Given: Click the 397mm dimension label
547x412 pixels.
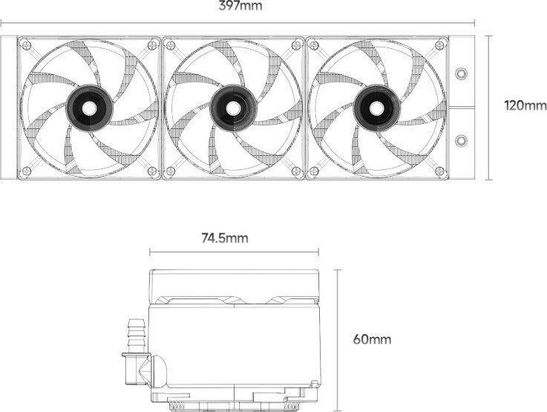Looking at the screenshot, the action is (240, 6).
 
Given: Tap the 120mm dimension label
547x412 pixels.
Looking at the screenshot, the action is (525, 105).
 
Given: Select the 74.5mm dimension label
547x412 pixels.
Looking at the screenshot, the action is (225, 238).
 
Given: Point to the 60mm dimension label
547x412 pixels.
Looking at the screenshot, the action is (372, 339).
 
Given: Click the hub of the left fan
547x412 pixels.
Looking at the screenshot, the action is (89, 108).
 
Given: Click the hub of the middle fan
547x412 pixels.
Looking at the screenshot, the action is (233, 108).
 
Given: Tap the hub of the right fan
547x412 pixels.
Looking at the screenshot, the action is (377, 108).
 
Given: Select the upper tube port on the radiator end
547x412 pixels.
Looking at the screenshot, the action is (462, 73).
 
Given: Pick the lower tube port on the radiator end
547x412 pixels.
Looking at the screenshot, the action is (462, 140).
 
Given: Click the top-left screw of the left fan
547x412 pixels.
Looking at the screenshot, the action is (26, 45).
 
